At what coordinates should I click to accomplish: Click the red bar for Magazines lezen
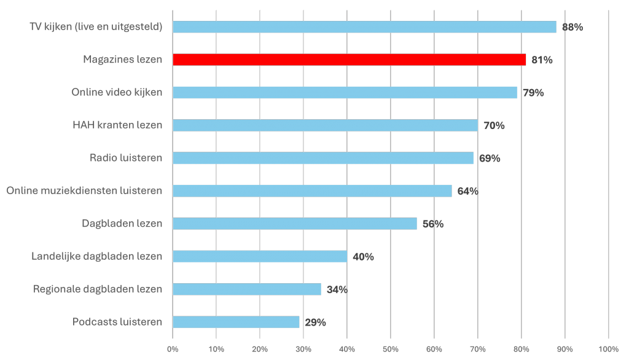click(x=349, y=60)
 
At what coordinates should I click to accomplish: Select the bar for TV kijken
click(x=364, y=27)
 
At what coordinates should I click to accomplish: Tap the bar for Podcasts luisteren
click(x=236, y=322)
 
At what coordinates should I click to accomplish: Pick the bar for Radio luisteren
click(x=323, y=158)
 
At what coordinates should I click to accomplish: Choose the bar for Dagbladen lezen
click(x=295, y=224)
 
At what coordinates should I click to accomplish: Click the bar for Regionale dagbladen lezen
click(x=247, y=289)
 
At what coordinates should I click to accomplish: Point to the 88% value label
click(x=572, y=27)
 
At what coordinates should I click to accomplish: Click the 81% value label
click(x=542, y=60)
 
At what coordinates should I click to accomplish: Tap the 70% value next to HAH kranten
click(x=494, y=125)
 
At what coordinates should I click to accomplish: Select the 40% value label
click(x=363, y=256)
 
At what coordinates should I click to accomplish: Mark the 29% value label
click(x=315, y=322)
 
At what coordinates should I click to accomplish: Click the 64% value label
click(x=467, y=191)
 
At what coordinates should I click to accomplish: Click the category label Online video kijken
click(x=117, y=92)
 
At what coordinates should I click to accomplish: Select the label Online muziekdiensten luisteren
click(x=84, y=190)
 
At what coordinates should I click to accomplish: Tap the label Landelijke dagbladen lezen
click(x=97, y=256)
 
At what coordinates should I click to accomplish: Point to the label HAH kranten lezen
click(x=117, y=125)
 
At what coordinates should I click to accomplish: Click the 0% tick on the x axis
click(x=173, y=350)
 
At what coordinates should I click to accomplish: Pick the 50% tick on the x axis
click(x=391, y=350)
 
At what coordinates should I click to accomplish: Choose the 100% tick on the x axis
click(x=608, y=350)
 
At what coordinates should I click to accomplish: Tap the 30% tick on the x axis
click(x=303, y=350)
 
